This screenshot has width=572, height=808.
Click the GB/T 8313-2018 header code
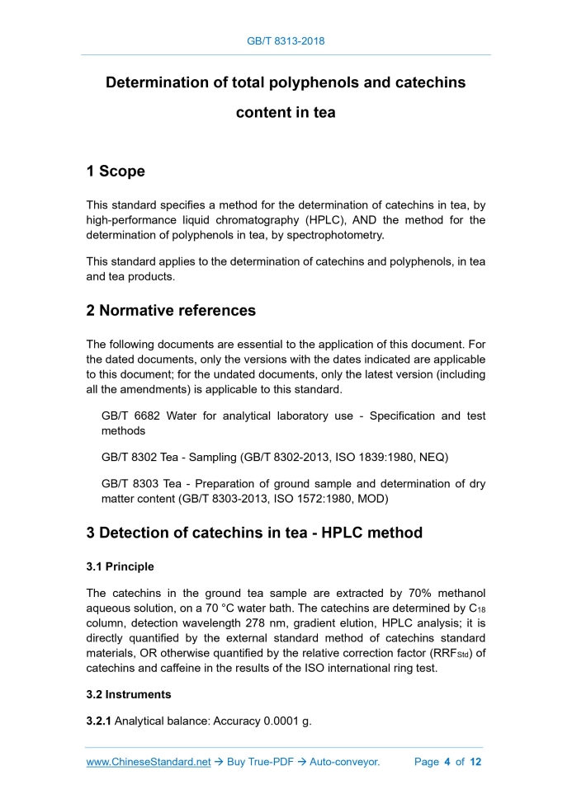[286, 40]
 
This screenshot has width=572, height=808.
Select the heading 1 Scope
[116, 171]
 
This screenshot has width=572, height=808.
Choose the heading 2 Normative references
[171, 311]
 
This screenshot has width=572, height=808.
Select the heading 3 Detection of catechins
[254, 533]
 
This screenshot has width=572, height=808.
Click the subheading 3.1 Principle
[121, 567]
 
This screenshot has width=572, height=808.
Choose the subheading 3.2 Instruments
[129, 694]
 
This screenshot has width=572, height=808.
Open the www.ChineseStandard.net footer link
[149, 762]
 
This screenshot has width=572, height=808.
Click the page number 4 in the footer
[447, 762]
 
